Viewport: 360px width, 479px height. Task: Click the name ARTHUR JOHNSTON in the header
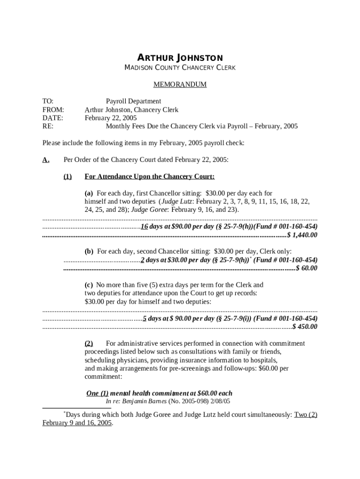coord(180,58)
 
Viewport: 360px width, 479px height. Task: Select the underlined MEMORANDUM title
coord(180,85)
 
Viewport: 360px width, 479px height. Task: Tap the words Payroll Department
coord(133,101)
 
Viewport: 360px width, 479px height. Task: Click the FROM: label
coord(52,109)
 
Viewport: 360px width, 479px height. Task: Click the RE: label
coord(48,126)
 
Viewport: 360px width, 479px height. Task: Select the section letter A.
coord(46,160)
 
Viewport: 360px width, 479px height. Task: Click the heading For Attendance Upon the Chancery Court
coord(150,176)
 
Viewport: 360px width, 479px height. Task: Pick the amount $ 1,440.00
coord(302,235)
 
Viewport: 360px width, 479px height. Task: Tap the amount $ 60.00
coord(307,268)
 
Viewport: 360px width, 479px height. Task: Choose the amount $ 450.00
coord(304,327)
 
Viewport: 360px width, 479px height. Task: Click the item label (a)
coord(89,193)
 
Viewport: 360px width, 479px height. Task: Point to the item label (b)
coord(89,251)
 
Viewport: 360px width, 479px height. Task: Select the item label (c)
coord(88,284)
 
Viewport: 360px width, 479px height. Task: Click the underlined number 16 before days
coord(144,226)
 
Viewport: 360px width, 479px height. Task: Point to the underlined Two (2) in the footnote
coord(306,414)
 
